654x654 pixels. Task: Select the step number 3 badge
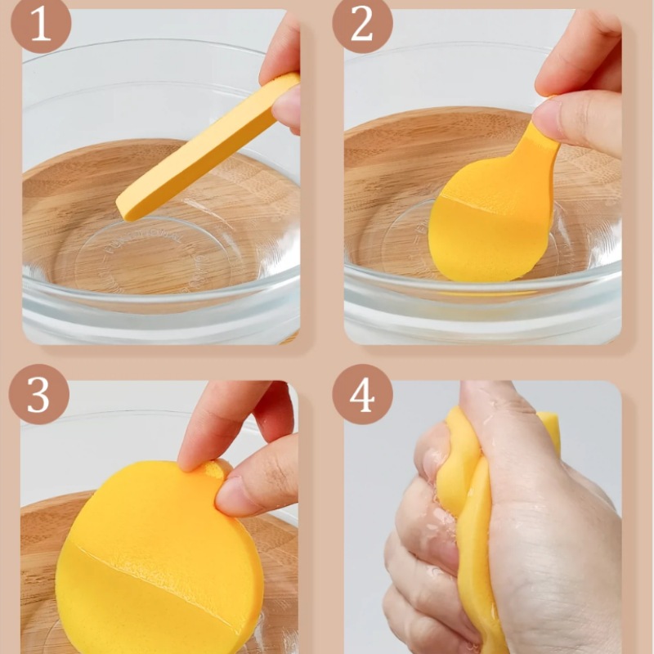pos(38,394)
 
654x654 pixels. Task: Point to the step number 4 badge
pos(362,394)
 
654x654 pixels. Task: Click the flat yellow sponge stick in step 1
pos(208,147)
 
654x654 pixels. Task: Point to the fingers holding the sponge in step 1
pos(283,75)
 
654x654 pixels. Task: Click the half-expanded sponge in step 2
pos(492,208)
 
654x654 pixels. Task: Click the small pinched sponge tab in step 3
pos(217,469)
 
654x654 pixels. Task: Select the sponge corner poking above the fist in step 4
pos(548,425)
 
